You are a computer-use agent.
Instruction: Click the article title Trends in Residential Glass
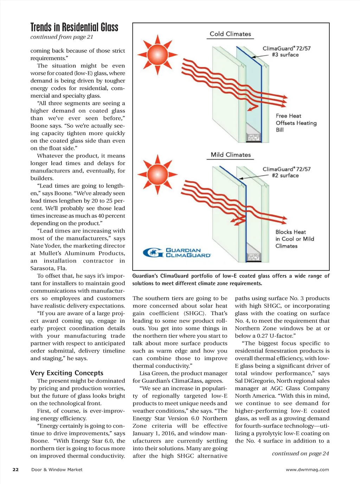click(x=74, y=27)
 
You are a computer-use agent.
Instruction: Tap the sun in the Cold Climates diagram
click(x=157, y=55)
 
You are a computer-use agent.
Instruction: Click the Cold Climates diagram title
click(x=230, y=34)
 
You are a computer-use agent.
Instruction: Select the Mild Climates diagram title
click(x=231, y=155)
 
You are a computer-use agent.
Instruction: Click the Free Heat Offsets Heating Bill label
click(x=296, y=123)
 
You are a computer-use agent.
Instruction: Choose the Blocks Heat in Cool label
click(x=295, y=239)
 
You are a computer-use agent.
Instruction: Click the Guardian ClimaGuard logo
click(x=177, y=253)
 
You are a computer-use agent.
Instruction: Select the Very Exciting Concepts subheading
click(x=67, y=373)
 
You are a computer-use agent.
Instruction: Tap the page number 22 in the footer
click(x=16, y=470)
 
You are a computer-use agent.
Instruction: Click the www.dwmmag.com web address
click(x=307, y=470)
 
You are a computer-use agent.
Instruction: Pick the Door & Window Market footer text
click(x=57, y=470)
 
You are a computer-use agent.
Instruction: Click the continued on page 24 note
click(x=300, y=453)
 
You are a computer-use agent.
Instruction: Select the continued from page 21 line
click(x=62, y=37)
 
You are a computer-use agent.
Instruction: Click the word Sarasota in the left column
click(x=44, y=268)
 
